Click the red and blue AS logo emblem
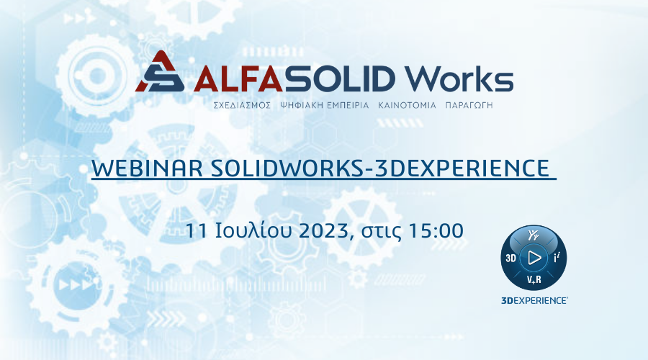tap(160, 71)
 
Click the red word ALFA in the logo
tap(238, 79)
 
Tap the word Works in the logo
tap(459, 78)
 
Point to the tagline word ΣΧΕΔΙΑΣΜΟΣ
tap(242, 105)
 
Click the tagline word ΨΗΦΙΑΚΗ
tap(301, 105)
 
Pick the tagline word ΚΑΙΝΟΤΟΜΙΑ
tap(407, 105)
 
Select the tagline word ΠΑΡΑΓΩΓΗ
tap(469, 105)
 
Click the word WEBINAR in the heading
tap(147, 168)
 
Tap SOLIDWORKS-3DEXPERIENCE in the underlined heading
tap(379, 168)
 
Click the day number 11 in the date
tap(196, 230)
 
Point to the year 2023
tap(323, 230)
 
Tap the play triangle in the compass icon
tap(534, 258)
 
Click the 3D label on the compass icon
tap(510, 258)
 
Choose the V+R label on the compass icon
tap(534, 280)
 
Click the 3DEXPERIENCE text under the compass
tap(534, 300)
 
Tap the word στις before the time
tap(382, 232)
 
